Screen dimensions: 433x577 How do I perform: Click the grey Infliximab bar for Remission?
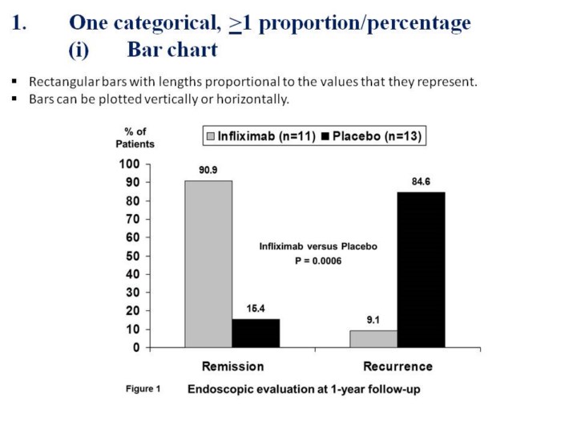208,264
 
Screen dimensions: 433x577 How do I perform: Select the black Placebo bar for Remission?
256,333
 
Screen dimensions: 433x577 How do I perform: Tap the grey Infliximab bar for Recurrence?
373,338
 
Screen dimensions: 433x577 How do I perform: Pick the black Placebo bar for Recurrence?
421,269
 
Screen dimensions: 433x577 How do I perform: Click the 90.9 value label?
209,170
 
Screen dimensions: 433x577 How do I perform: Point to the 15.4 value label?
256,309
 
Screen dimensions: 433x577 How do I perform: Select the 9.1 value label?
373,319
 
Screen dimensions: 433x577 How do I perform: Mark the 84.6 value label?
422,181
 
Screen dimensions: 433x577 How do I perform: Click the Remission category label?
232,366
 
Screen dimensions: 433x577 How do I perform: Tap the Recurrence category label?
397,366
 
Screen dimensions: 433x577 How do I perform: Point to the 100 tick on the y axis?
129,164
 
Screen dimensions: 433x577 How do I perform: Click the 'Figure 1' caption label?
143,389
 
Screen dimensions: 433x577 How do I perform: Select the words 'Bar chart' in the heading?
172,50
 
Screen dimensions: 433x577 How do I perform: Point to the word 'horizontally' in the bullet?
256,99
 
